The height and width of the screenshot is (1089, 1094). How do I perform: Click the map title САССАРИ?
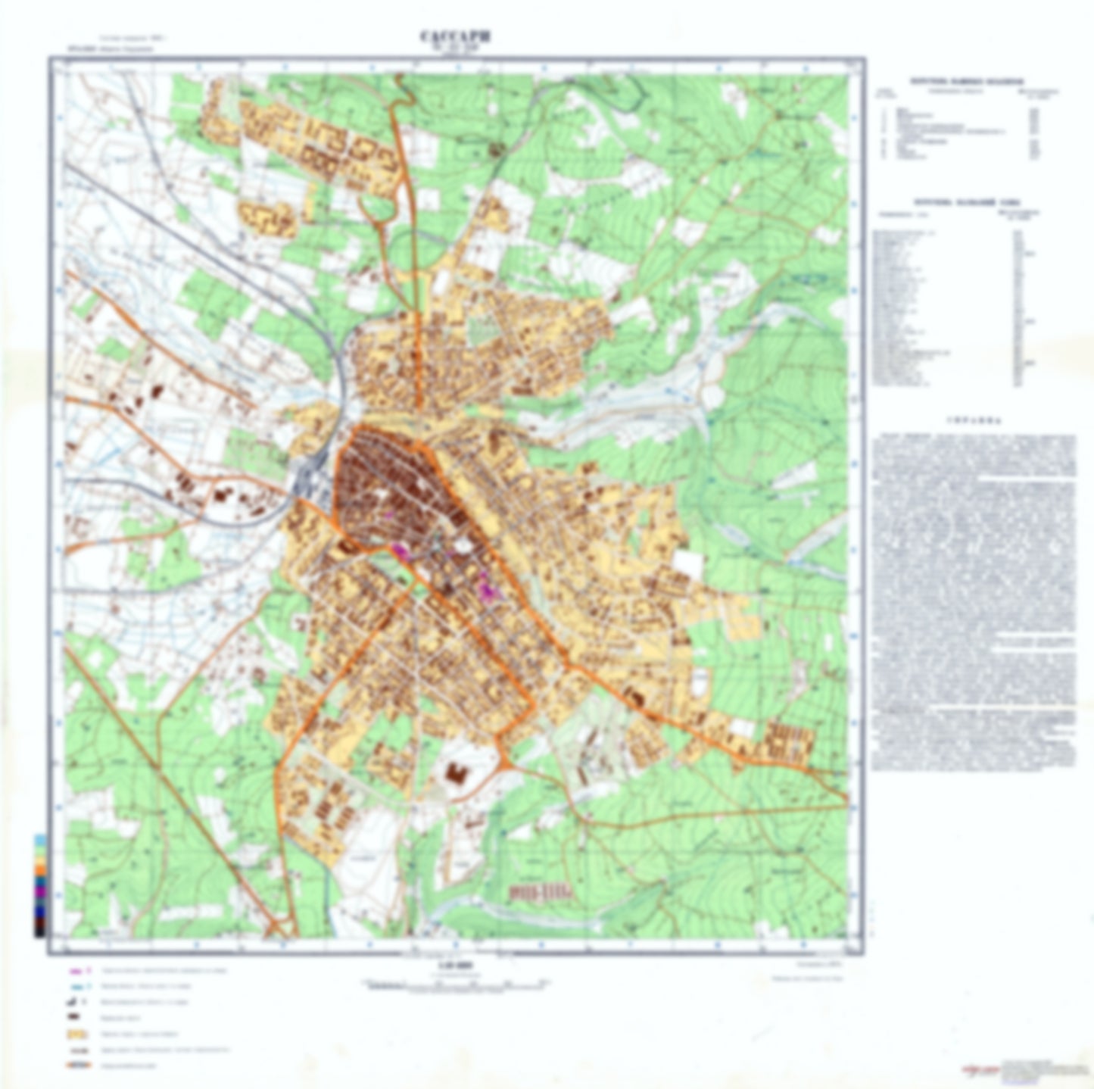[x=455, y=36]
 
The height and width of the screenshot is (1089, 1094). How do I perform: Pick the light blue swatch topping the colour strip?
[x=39, y=840]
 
